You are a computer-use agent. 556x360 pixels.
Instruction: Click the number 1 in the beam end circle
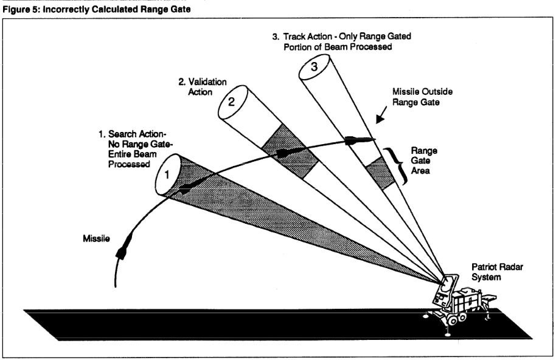(167, 175)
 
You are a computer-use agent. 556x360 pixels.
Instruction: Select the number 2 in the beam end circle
(231, 102)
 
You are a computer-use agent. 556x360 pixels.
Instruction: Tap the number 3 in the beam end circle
(314, 67)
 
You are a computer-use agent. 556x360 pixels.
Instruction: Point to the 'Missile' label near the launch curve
(96, 238)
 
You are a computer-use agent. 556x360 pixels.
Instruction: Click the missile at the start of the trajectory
(124, 245)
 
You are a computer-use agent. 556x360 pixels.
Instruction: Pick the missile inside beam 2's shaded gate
(288, 153)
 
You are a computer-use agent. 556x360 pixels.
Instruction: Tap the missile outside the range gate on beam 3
(359, 140)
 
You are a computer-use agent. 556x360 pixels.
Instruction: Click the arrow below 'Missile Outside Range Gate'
(381, 115)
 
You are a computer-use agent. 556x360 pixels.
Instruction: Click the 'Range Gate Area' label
(424, 161)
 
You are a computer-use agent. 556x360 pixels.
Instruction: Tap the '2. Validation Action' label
(203, 87)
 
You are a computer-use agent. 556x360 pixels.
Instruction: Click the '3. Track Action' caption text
(342, 41)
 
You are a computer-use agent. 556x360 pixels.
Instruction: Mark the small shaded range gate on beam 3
(380, 173)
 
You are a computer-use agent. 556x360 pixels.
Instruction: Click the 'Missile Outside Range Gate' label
(422, 97)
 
